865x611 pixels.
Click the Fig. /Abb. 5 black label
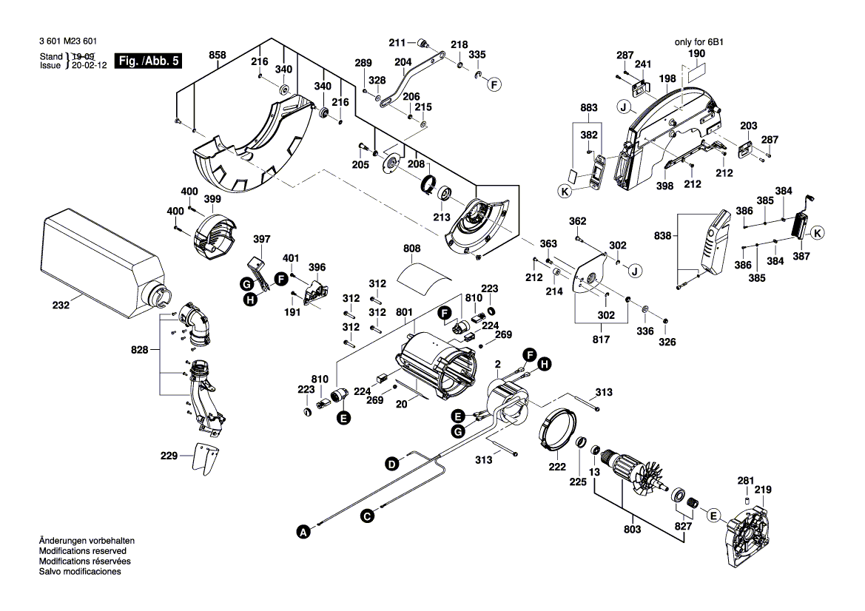tap(148, 61)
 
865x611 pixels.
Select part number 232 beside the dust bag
tap(61, 305)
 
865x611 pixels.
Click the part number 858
tap(218, 55)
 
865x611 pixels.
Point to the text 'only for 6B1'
tap(699, 42)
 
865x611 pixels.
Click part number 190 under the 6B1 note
tap(697, 53)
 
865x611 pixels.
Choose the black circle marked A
tap(303, 532)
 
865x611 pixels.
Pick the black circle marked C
tap(367, 516)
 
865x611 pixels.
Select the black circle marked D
tap(391, 465)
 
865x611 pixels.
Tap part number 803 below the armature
tap(632, 530)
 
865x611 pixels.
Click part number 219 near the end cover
tap(763, 490)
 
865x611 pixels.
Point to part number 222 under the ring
tap(557, 467)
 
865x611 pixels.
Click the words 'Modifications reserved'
tap(83, 551)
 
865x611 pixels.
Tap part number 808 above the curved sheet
tap(411, 249)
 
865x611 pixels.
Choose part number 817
tap(601, 340)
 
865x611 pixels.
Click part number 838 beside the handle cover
tap(662, 236)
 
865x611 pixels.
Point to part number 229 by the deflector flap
tap(169, 456)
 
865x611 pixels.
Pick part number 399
tap(212, 199)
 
